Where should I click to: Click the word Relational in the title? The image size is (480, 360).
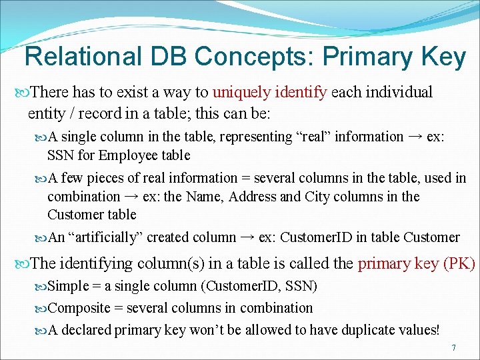coord(83,57)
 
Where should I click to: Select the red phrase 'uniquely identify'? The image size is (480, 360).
coord(269,92)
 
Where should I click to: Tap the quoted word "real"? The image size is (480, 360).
coord(313,137)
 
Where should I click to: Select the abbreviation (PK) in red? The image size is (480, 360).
coord(459,263)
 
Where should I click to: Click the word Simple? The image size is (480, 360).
coord(69,287)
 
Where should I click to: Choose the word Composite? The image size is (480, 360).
coord(79,308)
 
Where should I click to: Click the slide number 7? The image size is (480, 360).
coord(453,348)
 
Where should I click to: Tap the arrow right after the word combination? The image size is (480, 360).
coord(131,197)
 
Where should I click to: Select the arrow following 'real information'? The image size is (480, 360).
coord(415,137)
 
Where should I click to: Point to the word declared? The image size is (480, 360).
coord(86,329)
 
